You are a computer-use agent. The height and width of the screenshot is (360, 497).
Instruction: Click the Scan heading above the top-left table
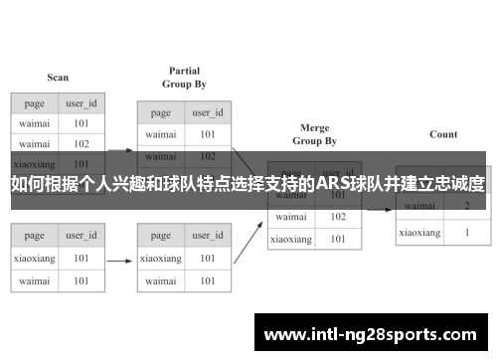(58, 78)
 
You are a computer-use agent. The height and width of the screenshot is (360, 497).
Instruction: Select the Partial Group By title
(184, 78)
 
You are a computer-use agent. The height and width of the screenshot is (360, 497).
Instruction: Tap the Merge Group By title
(314, 135)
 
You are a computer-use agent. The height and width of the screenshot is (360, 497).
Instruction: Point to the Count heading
(443, 134)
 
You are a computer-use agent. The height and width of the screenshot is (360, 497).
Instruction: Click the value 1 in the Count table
(466, 232)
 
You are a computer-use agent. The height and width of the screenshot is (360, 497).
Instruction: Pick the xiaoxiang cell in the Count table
(419, 232)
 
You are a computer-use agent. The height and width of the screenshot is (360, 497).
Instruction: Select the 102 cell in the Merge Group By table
(338, 216)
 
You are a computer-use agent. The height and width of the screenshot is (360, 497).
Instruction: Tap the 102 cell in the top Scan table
(82, 142)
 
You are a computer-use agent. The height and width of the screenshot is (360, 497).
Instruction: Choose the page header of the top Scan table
(35, 102)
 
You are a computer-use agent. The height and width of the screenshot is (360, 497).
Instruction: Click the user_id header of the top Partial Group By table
(207, 112)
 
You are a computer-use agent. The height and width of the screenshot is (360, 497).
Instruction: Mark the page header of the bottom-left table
(35, 236)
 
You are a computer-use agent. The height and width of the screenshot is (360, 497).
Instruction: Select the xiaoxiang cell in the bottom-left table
(35, 258)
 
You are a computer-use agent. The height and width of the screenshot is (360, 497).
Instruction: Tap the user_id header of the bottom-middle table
(207, 236)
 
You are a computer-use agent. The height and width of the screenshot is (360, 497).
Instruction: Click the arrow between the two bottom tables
(119, 262)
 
